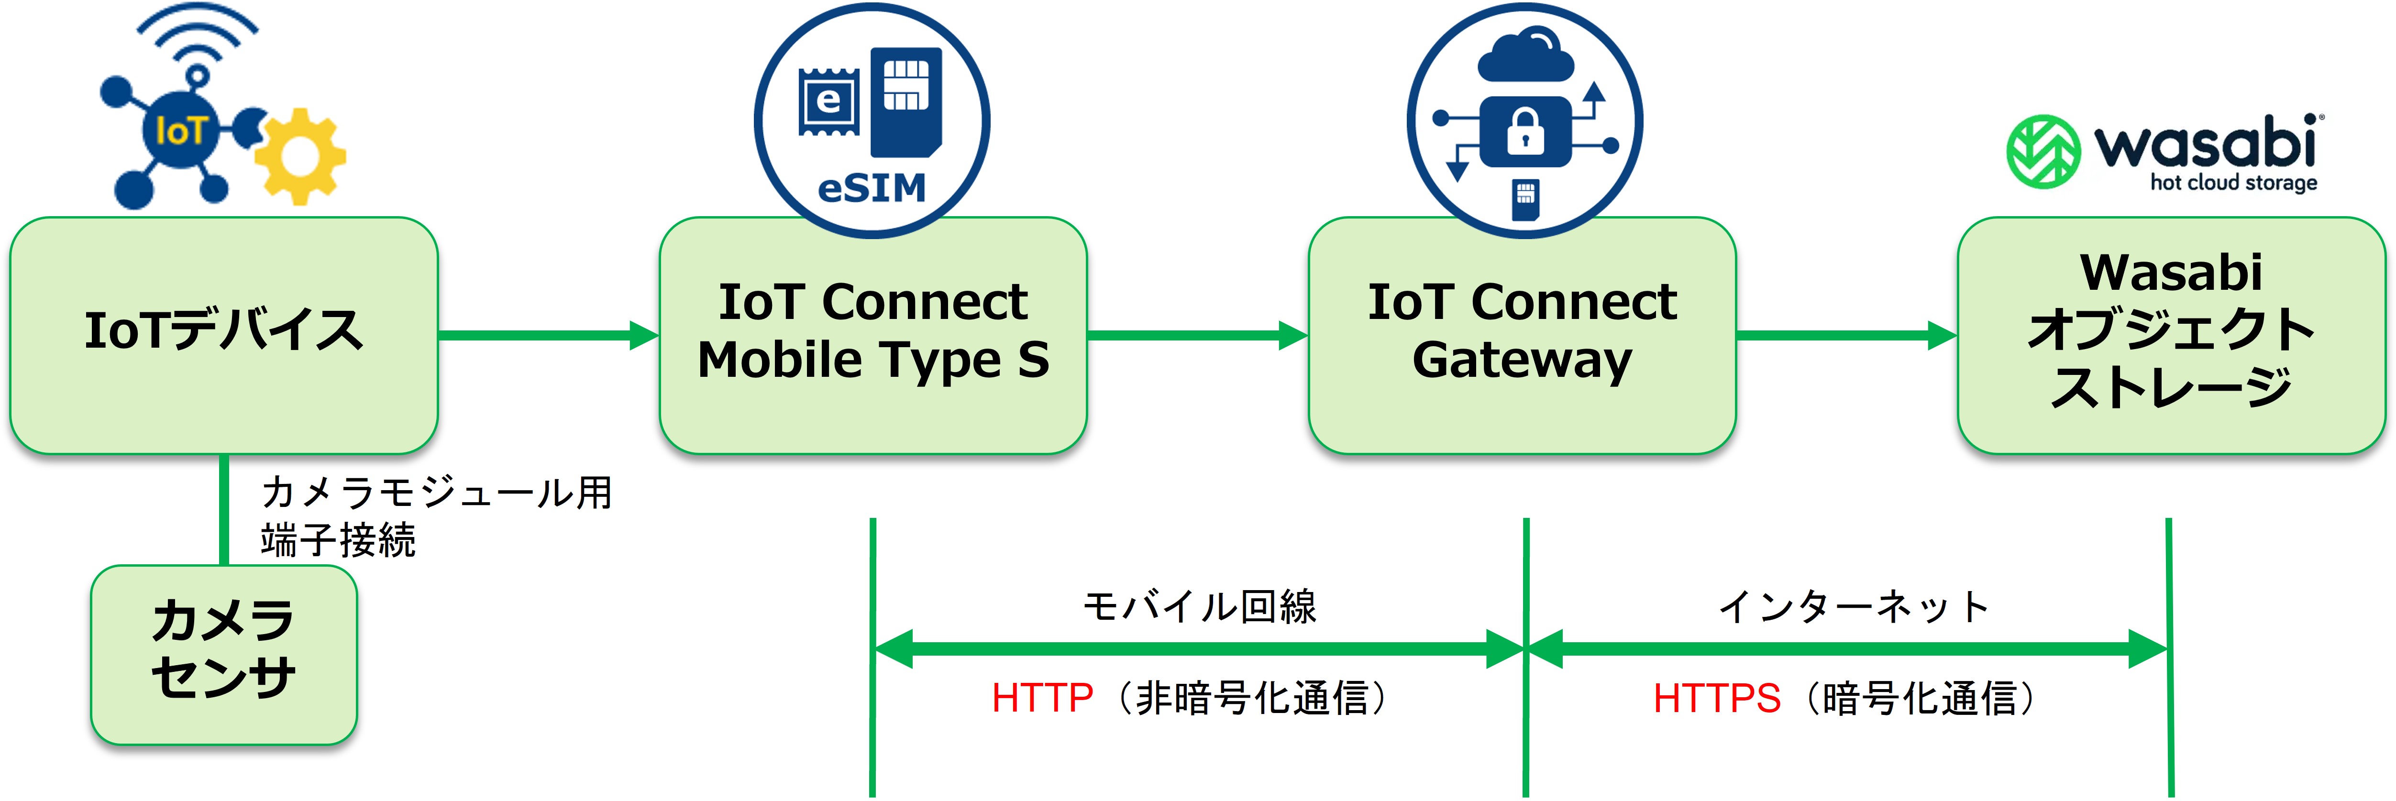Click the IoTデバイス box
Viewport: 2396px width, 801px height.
pyautogui.click(x=223, y=335)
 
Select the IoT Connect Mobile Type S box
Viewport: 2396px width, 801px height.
pyautogui.click(x=872, y=335)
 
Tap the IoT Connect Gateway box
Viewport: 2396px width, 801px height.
pyautogui.click(x=1522, y=335)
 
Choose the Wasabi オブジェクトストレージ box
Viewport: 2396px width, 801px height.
pyautogui.click(x=2171, y=335)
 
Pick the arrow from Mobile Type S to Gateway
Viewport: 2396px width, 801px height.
pyautogui.click(x=1197, y=335)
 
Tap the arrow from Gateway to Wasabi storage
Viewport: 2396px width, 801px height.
pyautogui.click(x=1846, y=335)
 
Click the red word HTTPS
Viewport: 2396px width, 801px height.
pyautogui.click(x=1716, y=698)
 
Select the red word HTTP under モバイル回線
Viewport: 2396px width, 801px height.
pyautogui.click(x=1042, y=698)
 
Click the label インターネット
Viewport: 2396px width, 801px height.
pyautogui.click(x=1854, y=606)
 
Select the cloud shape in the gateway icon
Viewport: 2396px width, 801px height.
pyautogui.click(x=1525, y=56)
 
